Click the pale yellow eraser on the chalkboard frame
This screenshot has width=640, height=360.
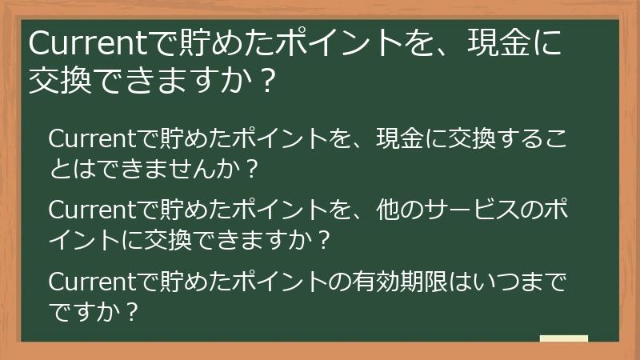(563, 339)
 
